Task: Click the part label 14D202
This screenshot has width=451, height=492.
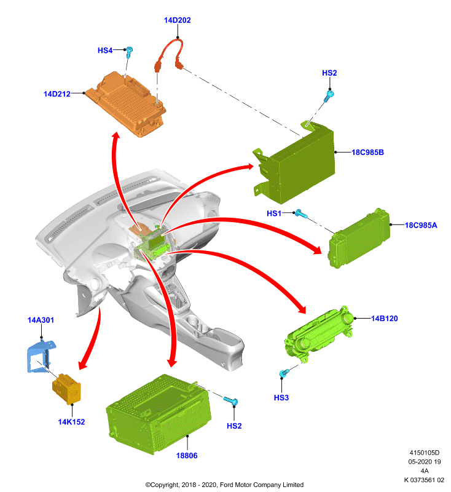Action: pos(177,20)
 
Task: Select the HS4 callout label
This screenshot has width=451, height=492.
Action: pos(105,50)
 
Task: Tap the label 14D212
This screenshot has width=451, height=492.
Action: pos(57,94)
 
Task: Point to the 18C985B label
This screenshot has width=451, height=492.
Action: pos(367,152)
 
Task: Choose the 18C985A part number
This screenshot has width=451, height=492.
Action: pos(421,225)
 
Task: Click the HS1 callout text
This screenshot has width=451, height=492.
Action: pos(274,213)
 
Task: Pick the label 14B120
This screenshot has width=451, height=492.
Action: pos(384,319)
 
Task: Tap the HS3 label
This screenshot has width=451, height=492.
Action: pos(281,397)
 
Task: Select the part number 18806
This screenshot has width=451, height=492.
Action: pos(187,455)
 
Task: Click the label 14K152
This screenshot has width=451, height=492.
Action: pos(71,422)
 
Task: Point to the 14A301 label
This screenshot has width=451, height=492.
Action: pos(41,320)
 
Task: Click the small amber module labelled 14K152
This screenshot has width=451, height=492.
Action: pos(67,389)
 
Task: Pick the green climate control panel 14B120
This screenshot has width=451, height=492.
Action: pos(318,336)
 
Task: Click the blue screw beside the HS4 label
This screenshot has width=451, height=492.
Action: pos(129,52)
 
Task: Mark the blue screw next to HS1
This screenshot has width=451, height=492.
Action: pos(302,214)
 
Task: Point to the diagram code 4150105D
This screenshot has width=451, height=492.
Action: pos(425,453)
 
